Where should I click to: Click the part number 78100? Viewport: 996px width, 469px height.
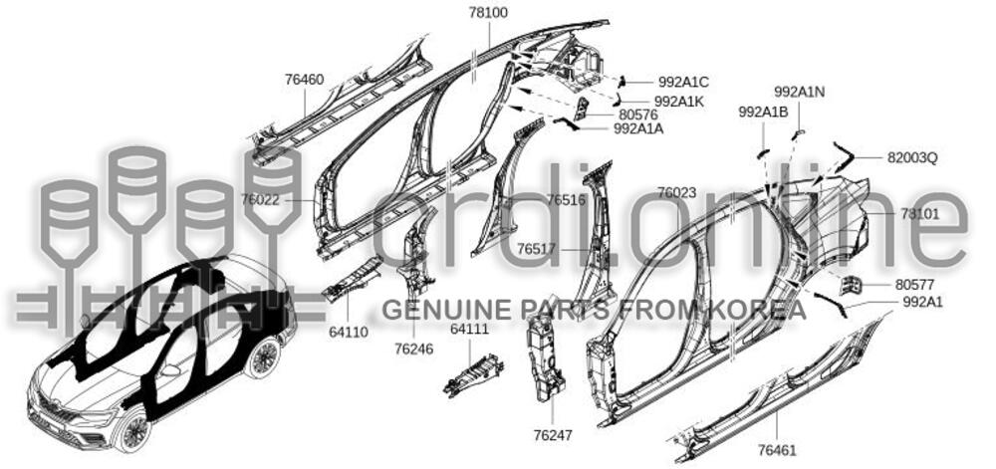488,13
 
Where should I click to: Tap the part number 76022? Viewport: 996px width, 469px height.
259,199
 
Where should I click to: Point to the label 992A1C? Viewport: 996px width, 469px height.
683,82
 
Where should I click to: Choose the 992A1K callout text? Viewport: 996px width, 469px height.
681,101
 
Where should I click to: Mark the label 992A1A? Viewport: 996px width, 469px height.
638,128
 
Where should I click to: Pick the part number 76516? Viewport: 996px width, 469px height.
566,200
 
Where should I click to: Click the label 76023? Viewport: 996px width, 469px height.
677,192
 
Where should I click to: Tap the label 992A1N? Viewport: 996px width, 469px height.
799,92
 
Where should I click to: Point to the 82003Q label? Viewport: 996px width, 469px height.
912,157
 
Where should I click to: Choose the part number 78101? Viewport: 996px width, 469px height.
919,214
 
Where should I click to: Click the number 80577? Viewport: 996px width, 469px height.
914,284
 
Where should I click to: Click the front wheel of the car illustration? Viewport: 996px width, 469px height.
130,429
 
